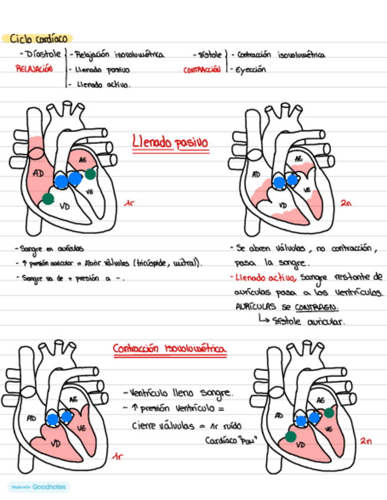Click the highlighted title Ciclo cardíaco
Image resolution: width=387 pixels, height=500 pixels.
37,39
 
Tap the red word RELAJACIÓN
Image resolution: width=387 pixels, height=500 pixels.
34,69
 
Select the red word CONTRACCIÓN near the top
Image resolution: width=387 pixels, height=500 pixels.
202,70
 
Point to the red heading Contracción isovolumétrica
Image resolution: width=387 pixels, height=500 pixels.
170,350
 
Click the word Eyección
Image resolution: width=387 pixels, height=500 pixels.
251,69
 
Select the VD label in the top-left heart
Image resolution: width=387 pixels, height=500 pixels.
65,206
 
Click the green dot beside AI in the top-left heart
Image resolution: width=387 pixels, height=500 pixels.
90,173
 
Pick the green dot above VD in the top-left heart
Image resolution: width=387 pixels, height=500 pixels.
48,199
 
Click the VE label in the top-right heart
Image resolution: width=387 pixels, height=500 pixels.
307,190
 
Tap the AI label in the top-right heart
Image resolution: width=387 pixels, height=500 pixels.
299,159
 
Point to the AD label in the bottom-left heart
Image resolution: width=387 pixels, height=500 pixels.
31,418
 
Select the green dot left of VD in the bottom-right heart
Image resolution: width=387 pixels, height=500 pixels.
290,436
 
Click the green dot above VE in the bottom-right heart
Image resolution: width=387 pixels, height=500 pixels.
329,413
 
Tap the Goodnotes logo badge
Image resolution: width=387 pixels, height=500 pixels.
38,487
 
